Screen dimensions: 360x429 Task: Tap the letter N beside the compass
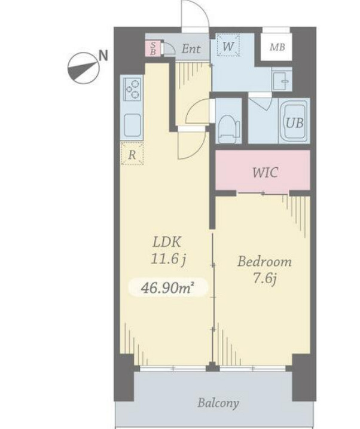pos(103,56)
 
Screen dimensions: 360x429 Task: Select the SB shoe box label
pos(153,48)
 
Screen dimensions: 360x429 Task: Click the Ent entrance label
pos(191,49)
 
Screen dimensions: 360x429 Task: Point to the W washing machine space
pos(228,45)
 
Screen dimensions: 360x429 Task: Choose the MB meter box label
pos(277,48)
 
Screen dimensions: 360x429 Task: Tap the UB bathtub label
pos(295,124)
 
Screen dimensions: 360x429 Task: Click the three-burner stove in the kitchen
pos(133,88)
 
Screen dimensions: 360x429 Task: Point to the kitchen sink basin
pos(133,125)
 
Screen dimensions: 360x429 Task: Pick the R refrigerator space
pos(132,154)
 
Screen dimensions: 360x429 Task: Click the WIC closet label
pos(266,173)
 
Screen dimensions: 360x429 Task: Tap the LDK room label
pos(167,242)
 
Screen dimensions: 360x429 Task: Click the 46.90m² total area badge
pos(168,287)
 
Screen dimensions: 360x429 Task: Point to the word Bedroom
pos(264,262)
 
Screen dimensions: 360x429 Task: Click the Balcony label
pos(218,403)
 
